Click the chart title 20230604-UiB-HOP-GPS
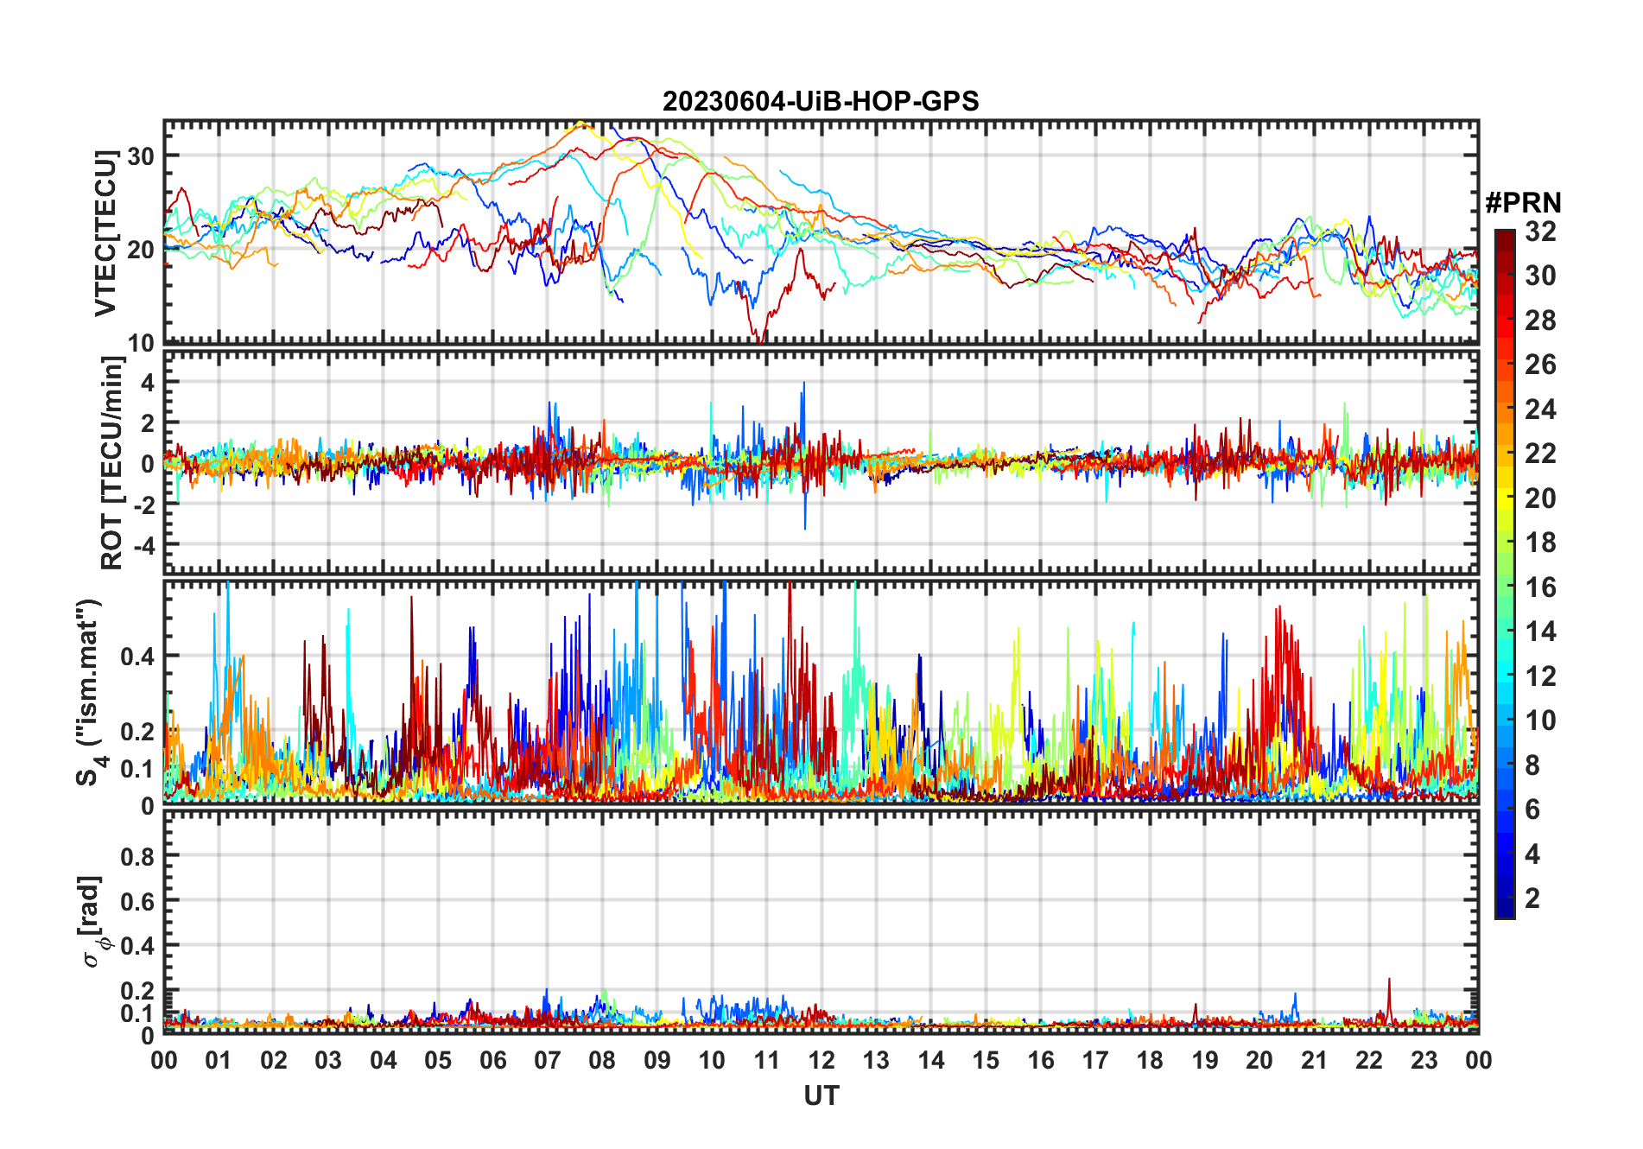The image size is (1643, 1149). [821, 102]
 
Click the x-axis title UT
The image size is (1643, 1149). [821, 1095]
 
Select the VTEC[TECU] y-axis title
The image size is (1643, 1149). [105, 233]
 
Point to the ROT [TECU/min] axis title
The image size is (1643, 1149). [112, 462]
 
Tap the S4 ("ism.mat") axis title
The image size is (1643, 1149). [89, 692]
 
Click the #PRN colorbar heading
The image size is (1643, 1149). [1523, 203]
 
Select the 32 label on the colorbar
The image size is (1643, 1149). [1540, 232]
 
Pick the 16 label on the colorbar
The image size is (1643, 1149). [1540, 587]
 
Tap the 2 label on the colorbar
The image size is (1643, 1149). [1532, 898]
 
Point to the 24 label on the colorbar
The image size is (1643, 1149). [1540, 409]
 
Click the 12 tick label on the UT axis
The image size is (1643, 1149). [821, 1060]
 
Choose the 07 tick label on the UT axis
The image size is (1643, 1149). [547, 1060]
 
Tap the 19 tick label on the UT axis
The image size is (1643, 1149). [1204, 1060]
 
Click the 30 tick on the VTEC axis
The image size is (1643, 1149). [141, 156]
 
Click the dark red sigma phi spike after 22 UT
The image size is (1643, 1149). [1389, 981]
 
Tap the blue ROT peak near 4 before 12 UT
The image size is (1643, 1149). [803, 384]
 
